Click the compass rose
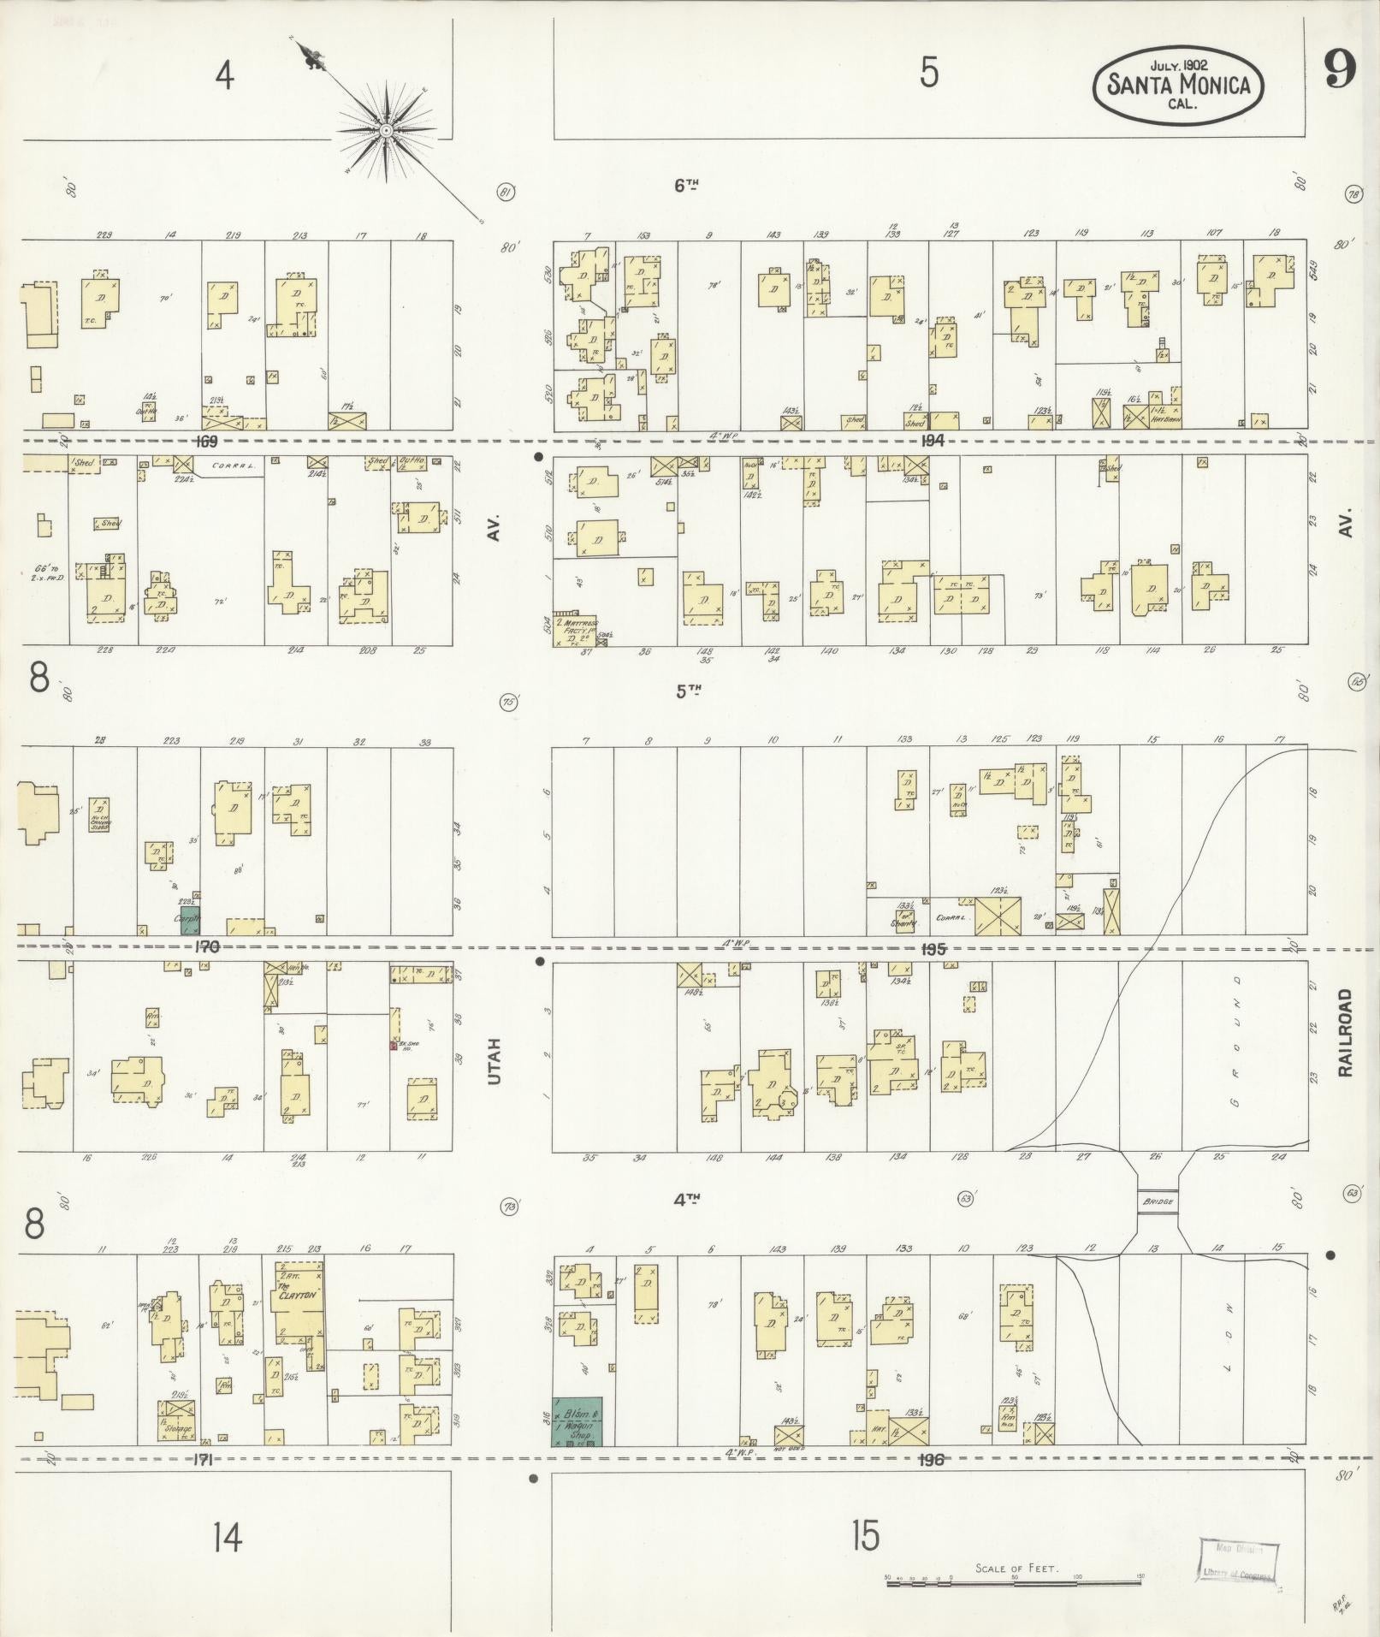386,130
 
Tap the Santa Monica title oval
1180,85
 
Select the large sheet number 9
1340,72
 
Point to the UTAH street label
494,1061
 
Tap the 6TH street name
686,185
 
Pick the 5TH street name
686,691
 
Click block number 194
932,441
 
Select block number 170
207,946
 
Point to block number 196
930,1460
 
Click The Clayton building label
299,1296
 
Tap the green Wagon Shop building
577,1422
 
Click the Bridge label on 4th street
1158,1202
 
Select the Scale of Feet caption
1016,1569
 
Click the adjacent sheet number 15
866,1537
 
